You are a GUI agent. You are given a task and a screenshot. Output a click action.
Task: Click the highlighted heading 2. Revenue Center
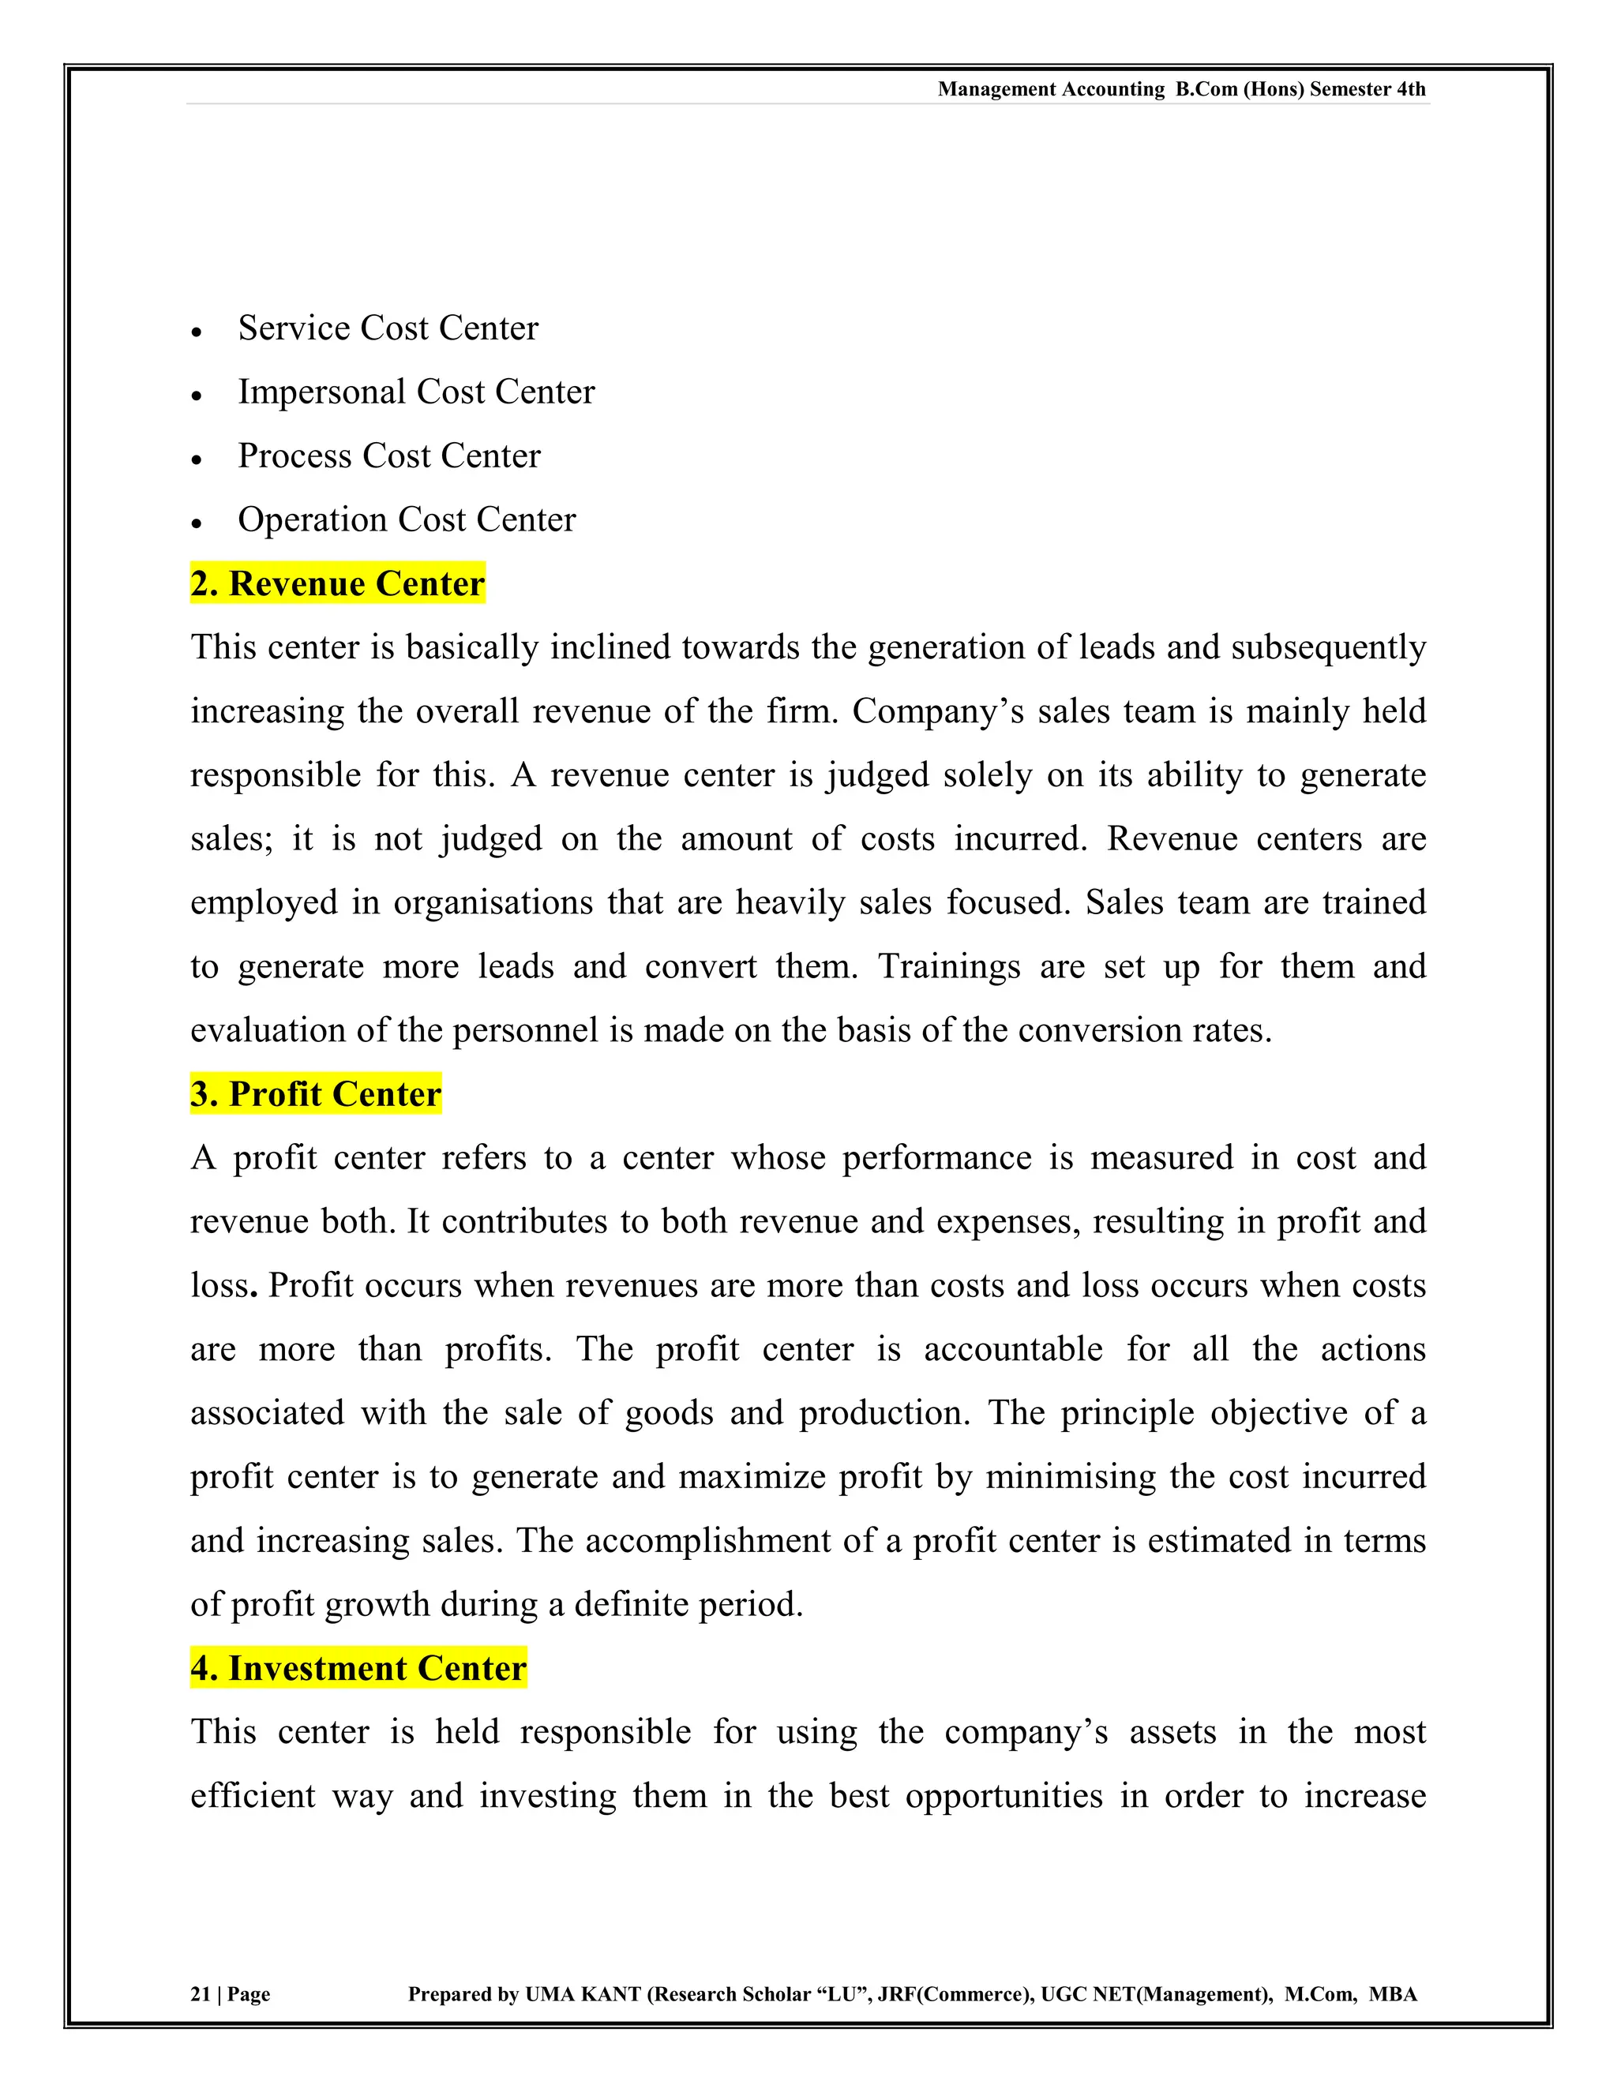(x=337, y=583)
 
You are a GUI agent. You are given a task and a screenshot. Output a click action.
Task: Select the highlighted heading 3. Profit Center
(x=315, y=1094)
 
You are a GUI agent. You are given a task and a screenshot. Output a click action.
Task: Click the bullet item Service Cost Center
(x=388, y=328)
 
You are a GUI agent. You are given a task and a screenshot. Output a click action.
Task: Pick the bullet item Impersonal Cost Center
(x=416, y=392)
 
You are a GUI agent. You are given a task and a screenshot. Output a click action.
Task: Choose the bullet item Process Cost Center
(x=389, y=456)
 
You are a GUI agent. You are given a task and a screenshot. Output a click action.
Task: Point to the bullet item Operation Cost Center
(x=406, y=519)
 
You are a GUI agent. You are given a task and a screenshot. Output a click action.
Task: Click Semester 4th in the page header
(x=1367, y=89)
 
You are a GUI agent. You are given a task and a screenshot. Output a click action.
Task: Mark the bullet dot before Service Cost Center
(x=197, y=332)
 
